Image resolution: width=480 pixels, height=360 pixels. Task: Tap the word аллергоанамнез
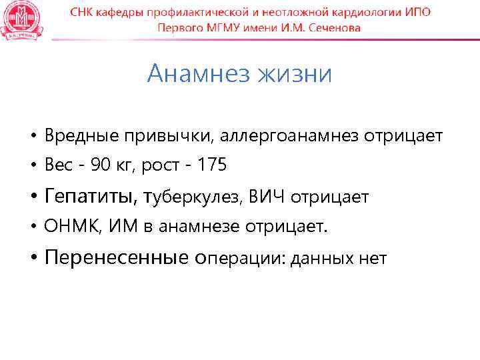[289, 137]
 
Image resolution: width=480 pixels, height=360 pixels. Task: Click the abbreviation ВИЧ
[269, 197]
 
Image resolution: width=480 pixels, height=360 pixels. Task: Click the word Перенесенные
[117, 258]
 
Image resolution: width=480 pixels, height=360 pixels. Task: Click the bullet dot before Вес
[32, 166]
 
